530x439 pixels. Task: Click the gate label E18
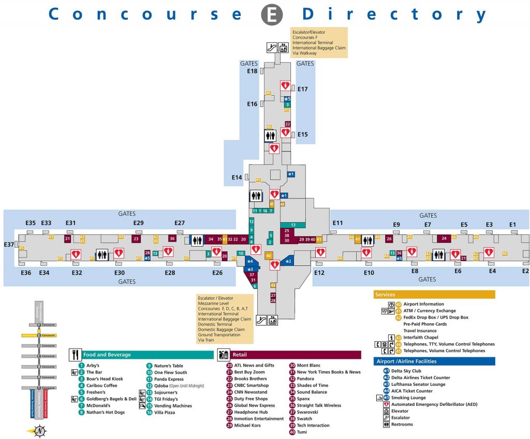click(252, 71)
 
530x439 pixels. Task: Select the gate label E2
click(525, 271)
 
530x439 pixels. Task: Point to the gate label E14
click(237, 177)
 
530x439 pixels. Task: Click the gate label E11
click(337, 223)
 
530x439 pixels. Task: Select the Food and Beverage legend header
click(107, 355)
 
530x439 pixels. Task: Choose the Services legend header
click(385, 294)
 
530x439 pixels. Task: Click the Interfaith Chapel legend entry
click(421, 337)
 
